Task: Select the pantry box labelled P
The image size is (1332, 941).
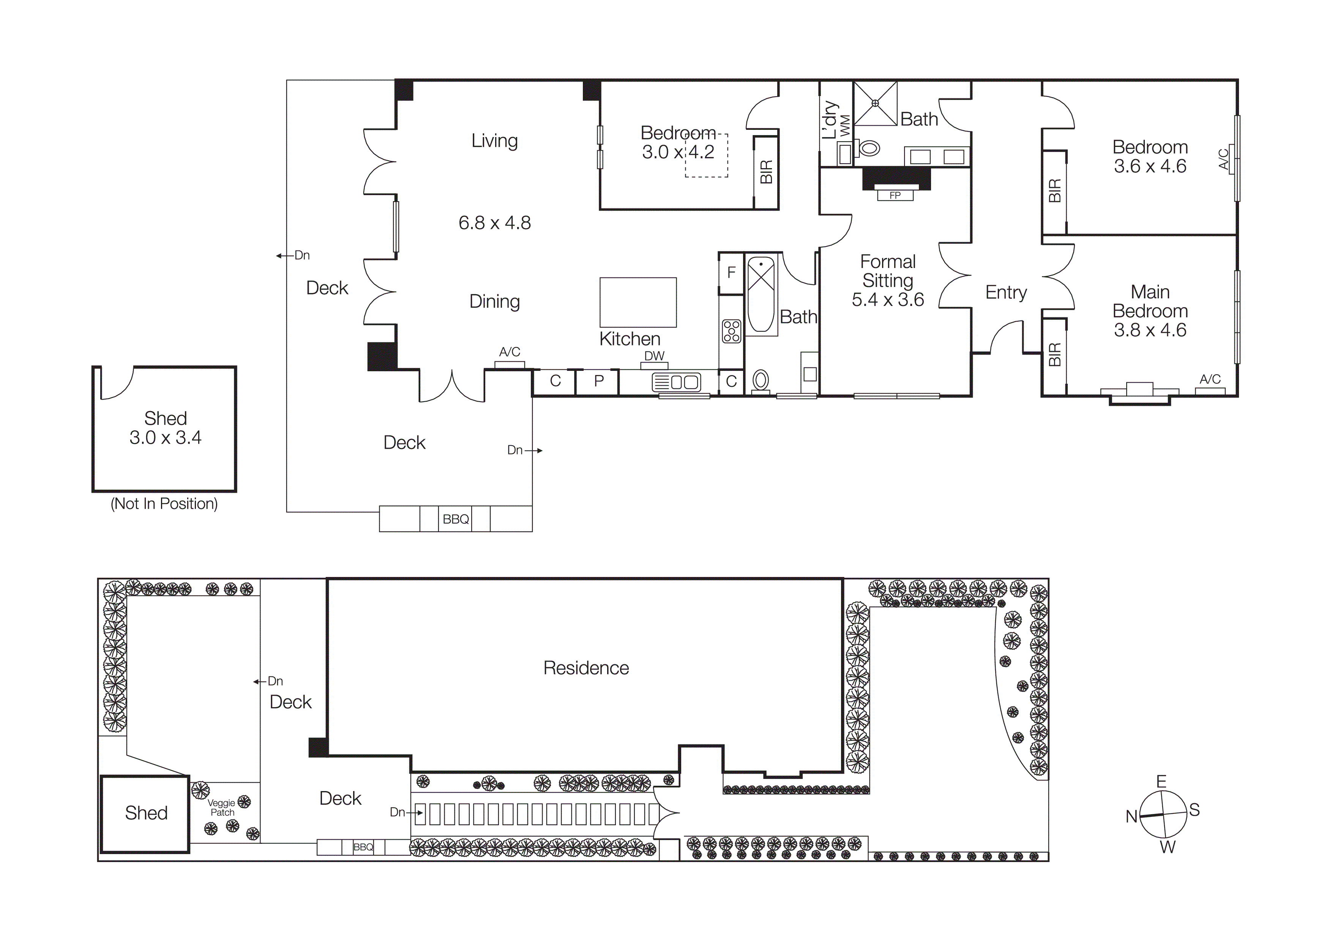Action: (x=599, y=381)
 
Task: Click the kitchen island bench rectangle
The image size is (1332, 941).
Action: (x=638, y=302)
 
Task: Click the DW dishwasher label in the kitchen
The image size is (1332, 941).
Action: (x=654, y=356)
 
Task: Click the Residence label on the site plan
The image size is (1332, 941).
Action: (x=586, y=668)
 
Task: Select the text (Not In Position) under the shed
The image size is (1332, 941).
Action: (x=164, y=503)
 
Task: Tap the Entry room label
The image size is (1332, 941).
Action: (x=1005, y=292)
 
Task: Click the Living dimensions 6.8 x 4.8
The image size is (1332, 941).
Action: (x=494, y=223)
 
